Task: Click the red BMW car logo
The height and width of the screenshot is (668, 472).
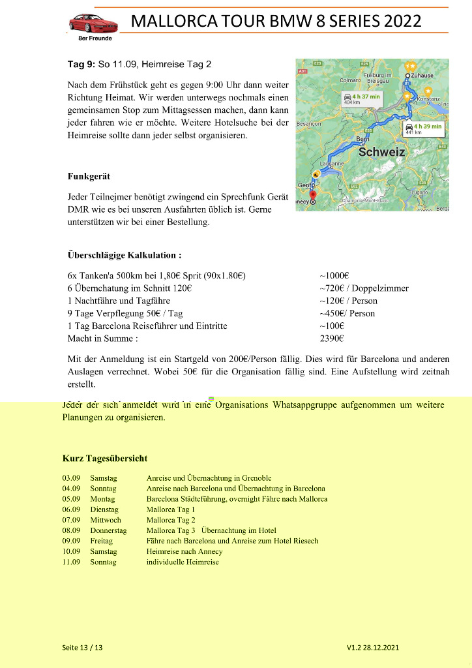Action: tap(93, 24)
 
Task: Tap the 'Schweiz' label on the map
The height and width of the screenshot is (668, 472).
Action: tap(381, 152)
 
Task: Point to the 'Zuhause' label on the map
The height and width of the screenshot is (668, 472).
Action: tap(422, 76)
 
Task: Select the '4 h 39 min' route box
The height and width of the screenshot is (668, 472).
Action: tap(423, 129)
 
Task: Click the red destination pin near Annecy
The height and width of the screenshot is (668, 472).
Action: tap(313, 194)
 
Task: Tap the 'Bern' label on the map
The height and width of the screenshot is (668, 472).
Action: tap(362, 139)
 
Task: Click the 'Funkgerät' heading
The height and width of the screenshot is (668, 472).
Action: tap(89, 176)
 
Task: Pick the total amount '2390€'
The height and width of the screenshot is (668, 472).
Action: tap(332, 339)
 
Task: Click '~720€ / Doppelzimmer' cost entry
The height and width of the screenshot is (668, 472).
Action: tap(364, 288)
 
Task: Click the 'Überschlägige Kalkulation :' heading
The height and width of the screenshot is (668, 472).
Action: tap(124, 255)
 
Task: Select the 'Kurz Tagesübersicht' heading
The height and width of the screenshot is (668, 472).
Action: tap(104, 459)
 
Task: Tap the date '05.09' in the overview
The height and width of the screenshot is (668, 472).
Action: tap(71, 499)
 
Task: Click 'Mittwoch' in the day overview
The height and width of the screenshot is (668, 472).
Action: tap(106, 520)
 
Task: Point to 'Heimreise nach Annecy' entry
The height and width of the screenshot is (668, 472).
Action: tap(184, 551)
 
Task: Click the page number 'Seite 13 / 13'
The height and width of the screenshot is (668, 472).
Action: tap(82, 647)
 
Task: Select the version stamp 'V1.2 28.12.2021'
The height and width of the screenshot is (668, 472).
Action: tap(372, 647)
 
